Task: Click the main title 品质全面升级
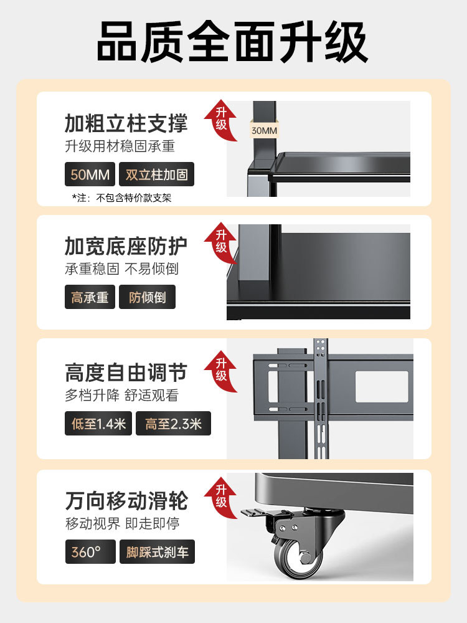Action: coord(233,42)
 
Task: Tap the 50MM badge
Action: coord(90,174)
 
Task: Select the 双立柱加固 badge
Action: coord(156,174)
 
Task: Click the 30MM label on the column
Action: coord(264,131)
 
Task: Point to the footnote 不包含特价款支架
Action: coord(121,198)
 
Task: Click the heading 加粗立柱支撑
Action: coord(126,123)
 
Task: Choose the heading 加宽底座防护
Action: coord(126,246)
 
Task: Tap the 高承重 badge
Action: coord(90,297)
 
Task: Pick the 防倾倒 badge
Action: coord(148,297)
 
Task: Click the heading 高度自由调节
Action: coord(126,373)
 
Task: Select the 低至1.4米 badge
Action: coord(98,424)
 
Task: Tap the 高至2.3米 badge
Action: coord(173,424)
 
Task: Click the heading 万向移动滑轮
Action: coord(126,501)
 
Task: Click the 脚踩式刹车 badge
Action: coord(157,552)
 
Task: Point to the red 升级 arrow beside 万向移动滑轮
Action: coord(222,495)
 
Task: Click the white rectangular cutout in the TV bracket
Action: coord(382,386)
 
